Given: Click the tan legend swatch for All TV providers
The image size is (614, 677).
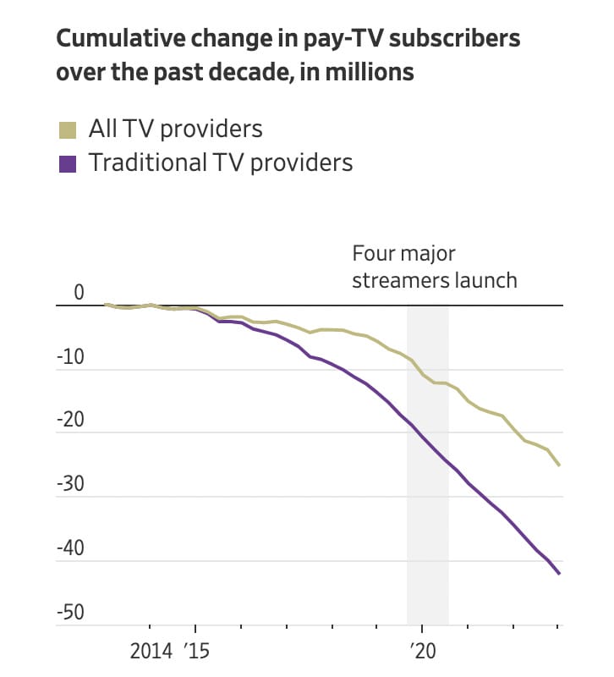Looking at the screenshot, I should (x=68, y=129).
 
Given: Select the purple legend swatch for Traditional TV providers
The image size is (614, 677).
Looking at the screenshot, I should (x=68, y=162).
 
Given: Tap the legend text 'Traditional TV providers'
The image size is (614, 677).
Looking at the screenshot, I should (x=221, y=162).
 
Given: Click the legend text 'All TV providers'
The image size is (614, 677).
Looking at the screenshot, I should (x=176, y=129).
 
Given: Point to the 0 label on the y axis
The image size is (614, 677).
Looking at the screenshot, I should (x=79, y=293).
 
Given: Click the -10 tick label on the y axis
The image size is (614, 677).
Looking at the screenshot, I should (x=71, y=357).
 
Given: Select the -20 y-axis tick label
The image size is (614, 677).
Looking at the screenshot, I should (x=71, y=421).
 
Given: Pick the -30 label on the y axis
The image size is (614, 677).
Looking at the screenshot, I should (x=71, y=485).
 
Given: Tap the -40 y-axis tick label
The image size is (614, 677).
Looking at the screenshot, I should (x=71, y=548).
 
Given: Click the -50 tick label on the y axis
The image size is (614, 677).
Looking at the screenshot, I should (x=71, y=613).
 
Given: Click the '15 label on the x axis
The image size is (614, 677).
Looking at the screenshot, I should (x=195, y=652).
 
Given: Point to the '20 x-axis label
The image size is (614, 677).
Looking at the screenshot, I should (x=420, y=652).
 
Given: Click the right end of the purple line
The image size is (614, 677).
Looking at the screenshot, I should (x=559, y=574).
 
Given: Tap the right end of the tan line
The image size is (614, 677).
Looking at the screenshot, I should (x=559, y=465).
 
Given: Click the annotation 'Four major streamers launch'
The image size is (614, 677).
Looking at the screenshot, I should (x=434, y=267).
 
